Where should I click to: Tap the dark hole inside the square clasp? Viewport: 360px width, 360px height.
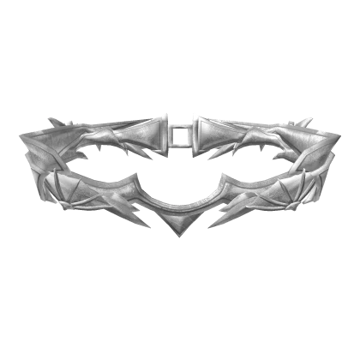click(179, 136)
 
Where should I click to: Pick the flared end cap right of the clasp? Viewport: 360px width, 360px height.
click(208, 135)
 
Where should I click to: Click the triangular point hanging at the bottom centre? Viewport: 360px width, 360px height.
click(180, 225)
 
